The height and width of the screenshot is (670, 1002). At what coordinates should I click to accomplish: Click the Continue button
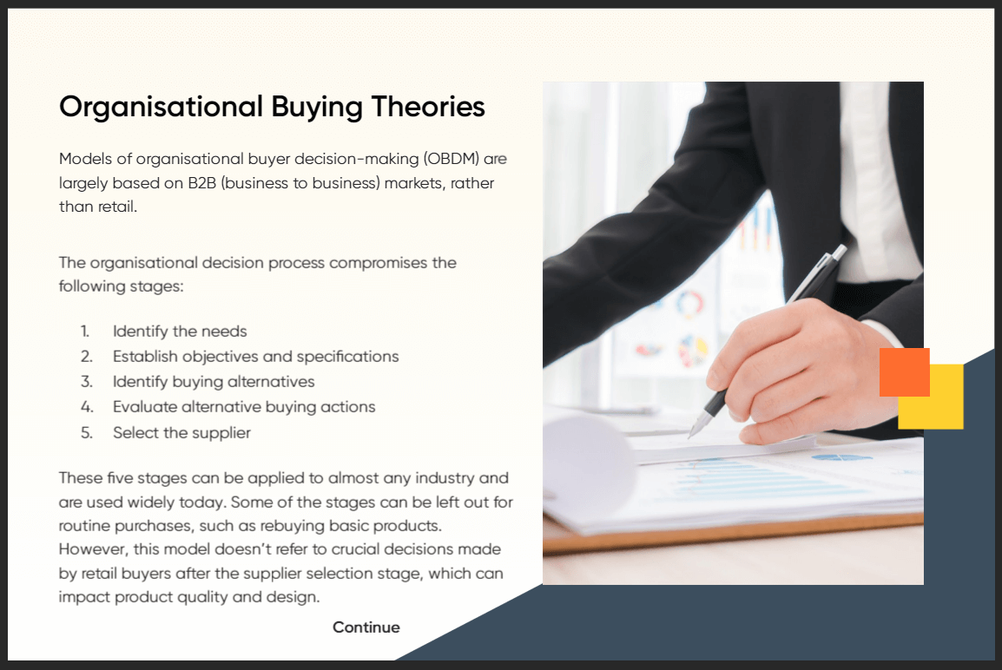click(x=366, y=627)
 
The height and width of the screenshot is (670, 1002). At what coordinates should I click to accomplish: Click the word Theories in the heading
click(x=428, y=106)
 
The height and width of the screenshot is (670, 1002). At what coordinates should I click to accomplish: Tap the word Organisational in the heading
click(x=161, y=108)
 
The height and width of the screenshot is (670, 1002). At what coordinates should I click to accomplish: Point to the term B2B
click(x=202, y=183)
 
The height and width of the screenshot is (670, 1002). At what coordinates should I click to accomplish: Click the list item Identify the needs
click(x=180, y=332)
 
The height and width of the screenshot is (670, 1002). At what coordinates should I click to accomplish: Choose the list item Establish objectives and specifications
click(x=255, y=357)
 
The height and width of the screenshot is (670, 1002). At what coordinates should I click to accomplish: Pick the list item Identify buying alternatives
click(x=214, y=382)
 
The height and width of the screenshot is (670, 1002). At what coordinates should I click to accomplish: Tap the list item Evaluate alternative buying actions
click(x=244, y=407)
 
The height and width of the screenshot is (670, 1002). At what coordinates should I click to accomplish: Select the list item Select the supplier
click(x=181, y=432)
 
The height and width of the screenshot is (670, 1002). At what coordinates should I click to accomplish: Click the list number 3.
click(x=86, y=382)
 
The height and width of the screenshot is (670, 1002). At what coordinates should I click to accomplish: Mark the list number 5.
click(x=86, y=433)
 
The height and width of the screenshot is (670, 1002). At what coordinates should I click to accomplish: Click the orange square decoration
click(x=904, y=371)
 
